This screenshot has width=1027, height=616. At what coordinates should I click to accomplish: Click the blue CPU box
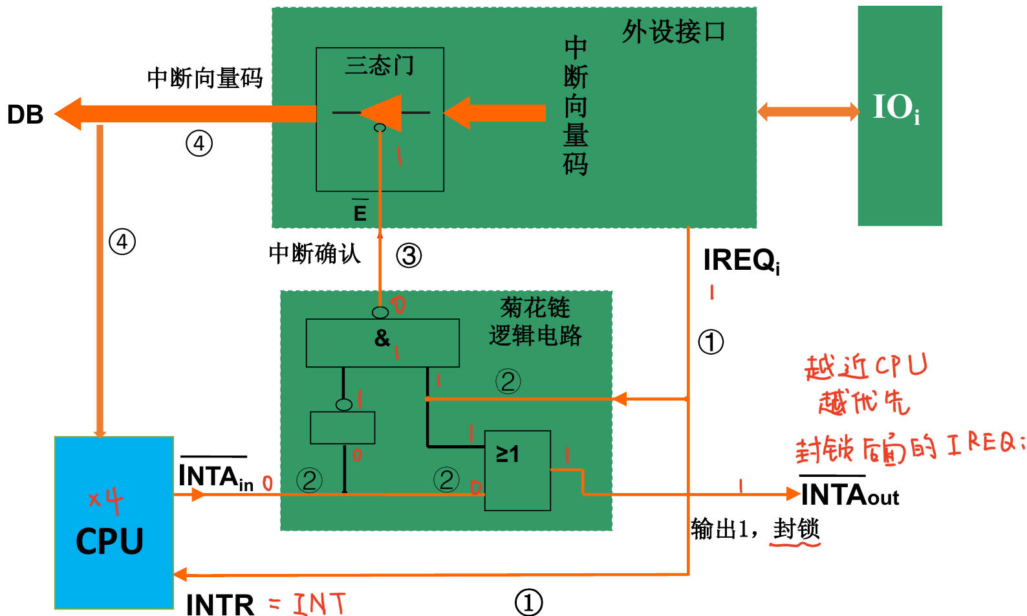point(114,523)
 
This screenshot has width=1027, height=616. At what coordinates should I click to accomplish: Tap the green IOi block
point(899,115)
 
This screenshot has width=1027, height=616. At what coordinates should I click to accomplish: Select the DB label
point(25,115)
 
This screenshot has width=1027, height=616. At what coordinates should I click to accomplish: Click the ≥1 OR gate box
point(517,470)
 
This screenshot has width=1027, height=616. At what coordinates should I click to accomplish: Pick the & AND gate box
point(382,342)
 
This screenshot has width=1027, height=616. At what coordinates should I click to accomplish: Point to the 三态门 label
point(380,65)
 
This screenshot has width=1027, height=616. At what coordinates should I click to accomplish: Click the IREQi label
point(741,260)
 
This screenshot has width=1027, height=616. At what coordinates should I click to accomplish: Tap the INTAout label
point(849,496)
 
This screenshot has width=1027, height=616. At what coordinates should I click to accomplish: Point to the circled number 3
point(409,256)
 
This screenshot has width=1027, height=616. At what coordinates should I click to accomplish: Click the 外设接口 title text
point(674,31)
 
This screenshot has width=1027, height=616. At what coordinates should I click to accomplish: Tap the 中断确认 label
point(314,253)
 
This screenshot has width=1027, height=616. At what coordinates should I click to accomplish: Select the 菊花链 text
point(535,307)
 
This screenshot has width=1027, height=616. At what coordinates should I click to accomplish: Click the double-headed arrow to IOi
point(808,111)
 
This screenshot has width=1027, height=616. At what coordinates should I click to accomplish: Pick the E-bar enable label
point(360,212)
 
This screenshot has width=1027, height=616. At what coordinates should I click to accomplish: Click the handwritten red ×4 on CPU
point(105,500)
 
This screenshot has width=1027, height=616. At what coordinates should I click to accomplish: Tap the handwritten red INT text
point(319,603)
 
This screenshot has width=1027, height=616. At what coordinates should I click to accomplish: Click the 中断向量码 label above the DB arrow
point(204,78)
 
